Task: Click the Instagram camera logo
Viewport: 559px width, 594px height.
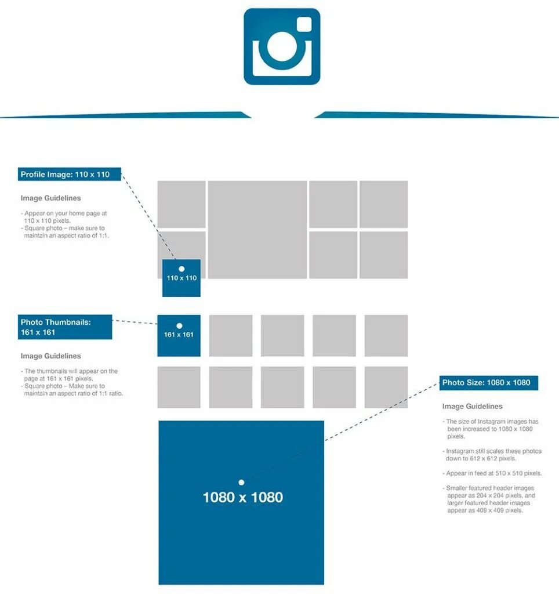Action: (x=282, y=46)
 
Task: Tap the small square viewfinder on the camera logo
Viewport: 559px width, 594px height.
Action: (x=304, y=24)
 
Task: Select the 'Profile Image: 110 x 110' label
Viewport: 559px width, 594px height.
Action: (x=70, y=174)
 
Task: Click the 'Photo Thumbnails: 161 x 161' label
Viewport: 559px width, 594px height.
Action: (x=65, y=327)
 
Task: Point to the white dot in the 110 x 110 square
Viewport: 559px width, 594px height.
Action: (x=182, y=269)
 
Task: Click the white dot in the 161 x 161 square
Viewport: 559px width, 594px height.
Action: (x=179, y=326)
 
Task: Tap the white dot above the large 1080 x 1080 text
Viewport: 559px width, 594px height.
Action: (x=241, y=482)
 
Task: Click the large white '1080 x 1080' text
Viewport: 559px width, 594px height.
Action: (x=242, y=497)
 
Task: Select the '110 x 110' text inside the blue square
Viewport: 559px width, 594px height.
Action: (x=182, y=278)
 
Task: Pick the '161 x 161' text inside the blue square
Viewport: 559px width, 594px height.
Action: (x=179, y=335)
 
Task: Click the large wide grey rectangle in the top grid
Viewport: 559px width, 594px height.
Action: (x=257, y=230)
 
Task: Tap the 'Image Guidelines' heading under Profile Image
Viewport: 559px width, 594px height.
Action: (x=50, y=198)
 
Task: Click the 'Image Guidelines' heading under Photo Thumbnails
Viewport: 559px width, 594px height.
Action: (x=50, y=356)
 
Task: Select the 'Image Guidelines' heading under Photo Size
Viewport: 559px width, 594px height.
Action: (x=472, y=407)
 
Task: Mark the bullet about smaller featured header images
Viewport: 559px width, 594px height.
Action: (x=490, y=499)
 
